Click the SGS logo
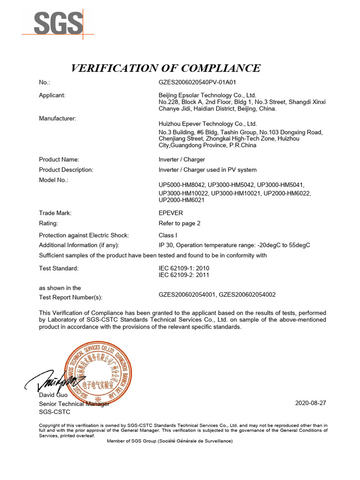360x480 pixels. click(x=58, y=22)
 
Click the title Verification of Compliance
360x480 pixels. click(x=165, y=68)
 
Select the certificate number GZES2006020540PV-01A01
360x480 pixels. click(x=197, y=82)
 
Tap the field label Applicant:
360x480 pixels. click(x=52, y=95)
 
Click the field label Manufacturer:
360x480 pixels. click(x=57, y=119)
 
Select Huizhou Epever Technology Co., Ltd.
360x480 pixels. click(x=208, y=124)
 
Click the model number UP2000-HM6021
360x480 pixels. click(x=182, y=200)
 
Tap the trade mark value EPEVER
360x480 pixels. click(x=171, y=213)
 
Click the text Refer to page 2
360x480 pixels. click(x=180, y=223)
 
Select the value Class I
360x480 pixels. click(x=169, y=235)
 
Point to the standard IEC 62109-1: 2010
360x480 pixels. click(x=184, y=268)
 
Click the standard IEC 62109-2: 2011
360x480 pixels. click(x=184, y=275)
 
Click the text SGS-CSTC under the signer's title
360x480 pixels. click(x=54, y=412)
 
